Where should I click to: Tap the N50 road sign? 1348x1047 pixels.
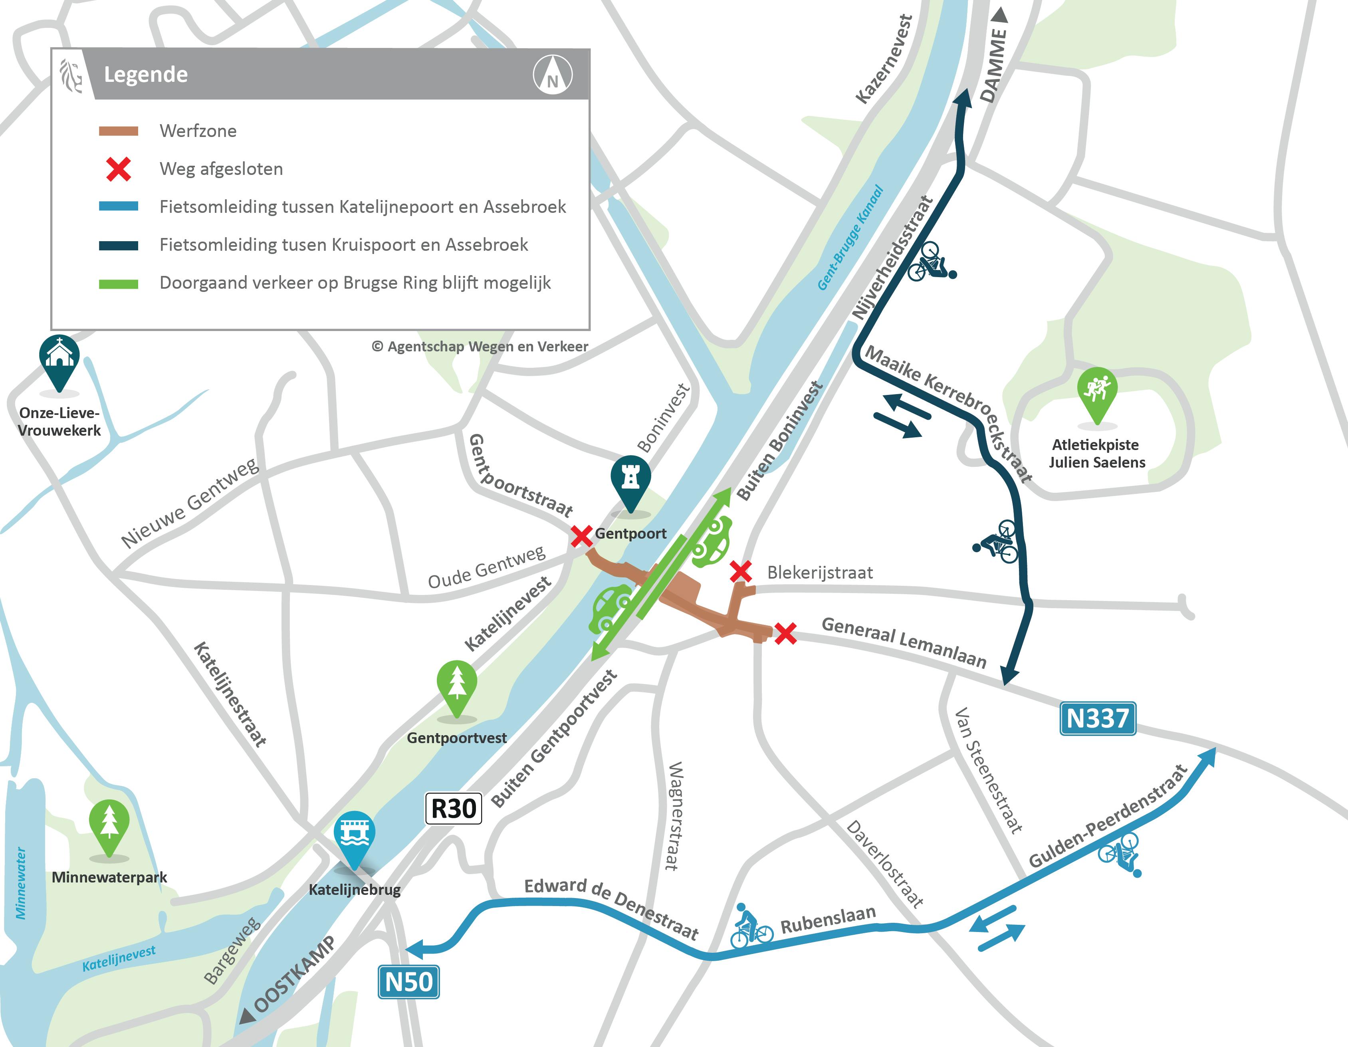pos(408,982)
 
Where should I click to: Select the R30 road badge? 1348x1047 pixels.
pos(454,808)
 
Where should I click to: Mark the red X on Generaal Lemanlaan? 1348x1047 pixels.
pos(785,633)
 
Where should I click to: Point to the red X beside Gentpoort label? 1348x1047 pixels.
pos(581,536)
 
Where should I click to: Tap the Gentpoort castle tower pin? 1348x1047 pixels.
pos(630,480)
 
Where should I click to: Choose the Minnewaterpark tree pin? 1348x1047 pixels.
pos(109,824)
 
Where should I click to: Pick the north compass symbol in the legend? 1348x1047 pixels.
pos(552,75)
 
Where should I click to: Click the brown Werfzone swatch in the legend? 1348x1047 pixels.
pos(119,131)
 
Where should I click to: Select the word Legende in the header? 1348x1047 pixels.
pos(146,74)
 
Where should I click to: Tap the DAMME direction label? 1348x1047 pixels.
pos(994,65)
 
